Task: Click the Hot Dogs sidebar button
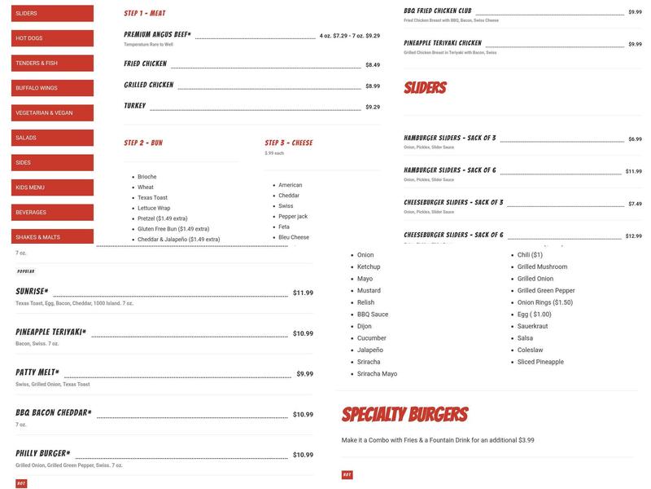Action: (x=52, y=38)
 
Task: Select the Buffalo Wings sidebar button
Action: (x=52, y=88)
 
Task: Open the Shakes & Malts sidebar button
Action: (x=52, y=237)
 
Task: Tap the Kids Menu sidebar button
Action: (x=52, y=187)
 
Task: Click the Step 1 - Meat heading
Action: (x=145, y=14)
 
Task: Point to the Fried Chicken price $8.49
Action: (x=373, y=64)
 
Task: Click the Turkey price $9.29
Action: (x=373, y=107)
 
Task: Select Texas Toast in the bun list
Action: (x=152, y=198)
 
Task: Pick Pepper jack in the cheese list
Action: (x=293, y=217)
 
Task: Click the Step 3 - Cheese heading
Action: (x=288, y=143)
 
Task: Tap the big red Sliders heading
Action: (x=425, y=88)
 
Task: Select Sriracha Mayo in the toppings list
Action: (x=377, y=374)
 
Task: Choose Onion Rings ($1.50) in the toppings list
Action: (x=544, y=302)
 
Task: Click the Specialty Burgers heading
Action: (x=404, y=414)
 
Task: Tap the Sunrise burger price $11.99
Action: (x=303, y=293)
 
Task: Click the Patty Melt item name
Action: (x=37, y=372)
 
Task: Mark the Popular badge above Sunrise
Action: (x=25, y=271)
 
